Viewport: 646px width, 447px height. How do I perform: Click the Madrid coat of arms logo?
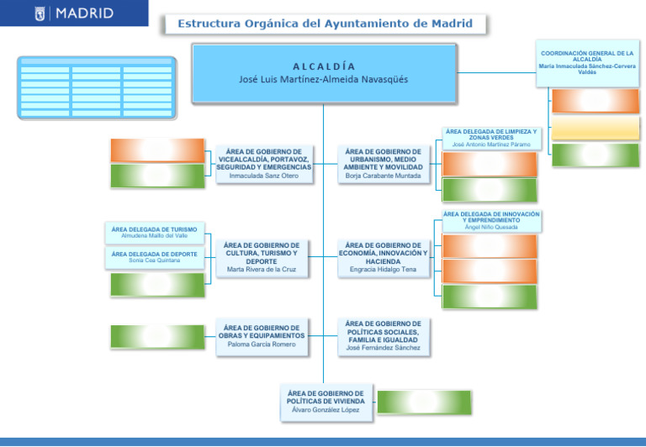pyautogui.click(x=40, y=14)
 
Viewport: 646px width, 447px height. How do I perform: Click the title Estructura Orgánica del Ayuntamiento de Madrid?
pyautogui.click(x=324, y=24)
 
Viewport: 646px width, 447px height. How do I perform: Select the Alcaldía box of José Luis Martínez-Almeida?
pyautogui.click(x=324, y=73)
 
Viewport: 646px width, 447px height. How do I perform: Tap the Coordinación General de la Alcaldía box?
pyautogui.click(x=587, y=62)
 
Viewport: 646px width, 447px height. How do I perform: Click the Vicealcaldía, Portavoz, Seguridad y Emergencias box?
pyautogui.click(x=263, y=163)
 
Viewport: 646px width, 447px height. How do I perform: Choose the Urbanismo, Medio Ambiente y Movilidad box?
pyautogui.click(x=383, y=163)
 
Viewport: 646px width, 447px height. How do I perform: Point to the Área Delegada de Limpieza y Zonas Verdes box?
pyautogui.click(x=491, y=138)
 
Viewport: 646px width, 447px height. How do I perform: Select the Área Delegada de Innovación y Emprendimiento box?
pyautogui.click(x=491, y=221)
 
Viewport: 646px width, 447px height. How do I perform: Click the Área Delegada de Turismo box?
pyautogui.click(x=154, y=232)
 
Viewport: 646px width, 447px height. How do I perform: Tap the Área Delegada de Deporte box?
pyautogui.click(x=154, y=257)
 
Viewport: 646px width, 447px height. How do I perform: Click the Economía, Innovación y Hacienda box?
pyautogui.click(x=383, y=257)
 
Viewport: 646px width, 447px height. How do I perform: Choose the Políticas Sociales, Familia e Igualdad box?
pyautogui.click(x=383, y=335)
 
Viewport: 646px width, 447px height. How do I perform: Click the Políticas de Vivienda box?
pyautogui.click(x=325, y=401)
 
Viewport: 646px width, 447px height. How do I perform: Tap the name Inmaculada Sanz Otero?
pyautogui.click(x=263, y=176)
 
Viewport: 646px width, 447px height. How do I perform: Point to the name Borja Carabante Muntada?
pyautogui.click(x=383, y=176)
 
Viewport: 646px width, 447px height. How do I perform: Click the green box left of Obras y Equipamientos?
pyautogui.click(x=157, y=336)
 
